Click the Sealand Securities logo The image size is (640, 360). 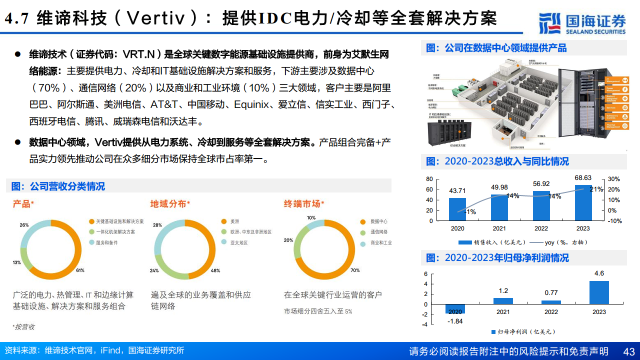582,22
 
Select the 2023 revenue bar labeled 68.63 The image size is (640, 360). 583,202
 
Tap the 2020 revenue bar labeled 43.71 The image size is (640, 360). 457,209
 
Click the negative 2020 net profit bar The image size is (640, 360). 455,308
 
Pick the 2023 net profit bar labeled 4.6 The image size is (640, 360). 598,292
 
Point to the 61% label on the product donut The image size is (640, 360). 80,270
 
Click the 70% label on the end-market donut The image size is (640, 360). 355,270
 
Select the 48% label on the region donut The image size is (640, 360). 215,270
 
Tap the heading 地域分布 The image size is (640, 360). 168,204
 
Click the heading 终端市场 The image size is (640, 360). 302,204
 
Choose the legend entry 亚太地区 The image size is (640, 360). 239,243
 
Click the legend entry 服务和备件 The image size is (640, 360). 106,243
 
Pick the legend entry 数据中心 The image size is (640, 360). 379,221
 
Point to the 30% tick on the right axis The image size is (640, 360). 613,179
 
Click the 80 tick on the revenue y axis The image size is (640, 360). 429,179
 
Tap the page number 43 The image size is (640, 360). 628,351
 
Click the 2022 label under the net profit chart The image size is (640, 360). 551,312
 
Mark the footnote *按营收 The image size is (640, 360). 24,327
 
